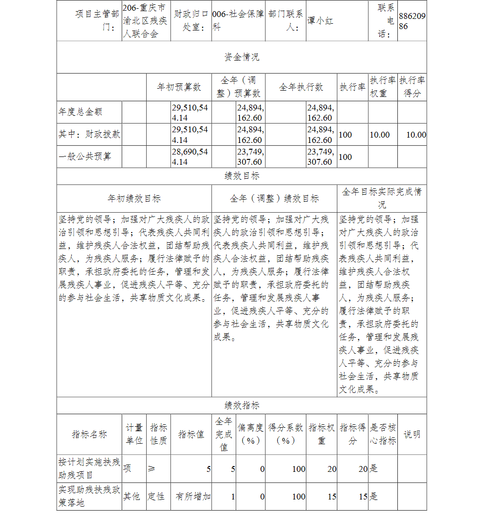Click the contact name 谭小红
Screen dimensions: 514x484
click(320, 21)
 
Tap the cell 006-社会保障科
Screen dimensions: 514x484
click(238, 21)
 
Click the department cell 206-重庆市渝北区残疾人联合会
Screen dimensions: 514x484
click(146, 21)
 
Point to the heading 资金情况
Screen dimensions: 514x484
click(242, 57)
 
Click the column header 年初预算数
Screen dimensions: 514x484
click(179, 87)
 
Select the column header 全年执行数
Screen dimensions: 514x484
click(301, 87)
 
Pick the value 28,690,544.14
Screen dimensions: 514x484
click(190, 156)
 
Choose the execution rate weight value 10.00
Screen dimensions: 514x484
click(379, 135)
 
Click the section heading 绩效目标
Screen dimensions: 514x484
click(242, 176)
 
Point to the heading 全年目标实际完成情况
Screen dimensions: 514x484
click(382, 198)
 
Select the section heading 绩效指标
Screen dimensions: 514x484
click(242, 405)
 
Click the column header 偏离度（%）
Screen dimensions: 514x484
click(251, 434)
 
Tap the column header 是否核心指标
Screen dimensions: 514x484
click(383, 434)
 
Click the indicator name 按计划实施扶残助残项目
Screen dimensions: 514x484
click(89, 468)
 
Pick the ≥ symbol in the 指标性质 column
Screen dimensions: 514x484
click(151, 468)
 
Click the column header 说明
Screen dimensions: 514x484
click(412, 434)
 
